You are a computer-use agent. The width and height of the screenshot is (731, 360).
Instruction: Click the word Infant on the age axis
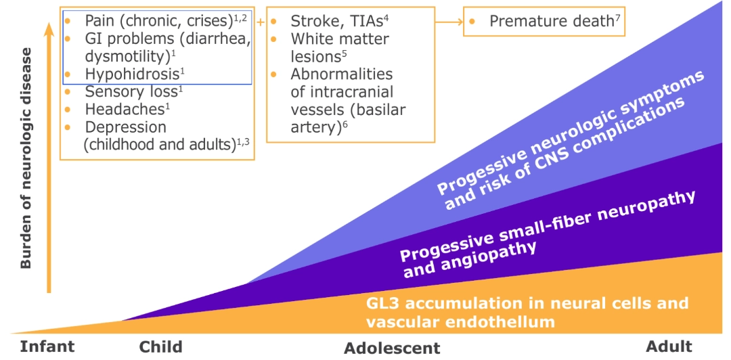(x=47, y=347)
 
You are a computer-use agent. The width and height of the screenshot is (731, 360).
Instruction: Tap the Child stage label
(x=161, y=347)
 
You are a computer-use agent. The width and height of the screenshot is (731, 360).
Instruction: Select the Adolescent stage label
(x=392, y=348)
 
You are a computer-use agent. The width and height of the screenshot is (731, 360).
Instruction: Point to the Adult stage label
(x=669, y=346)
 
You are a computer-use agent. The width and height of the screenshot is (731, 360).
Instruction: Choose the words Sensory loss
(x=127, y=91)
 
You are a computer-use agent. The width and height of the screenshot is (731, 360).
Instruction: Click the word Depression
(x=125, y=127)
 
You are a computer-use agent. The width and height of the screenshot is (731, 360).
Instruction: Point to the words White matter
(x=339, y=39)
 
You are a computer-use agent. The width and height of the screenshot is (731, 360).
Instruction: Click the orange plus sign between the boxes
(x=260, y=22)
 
